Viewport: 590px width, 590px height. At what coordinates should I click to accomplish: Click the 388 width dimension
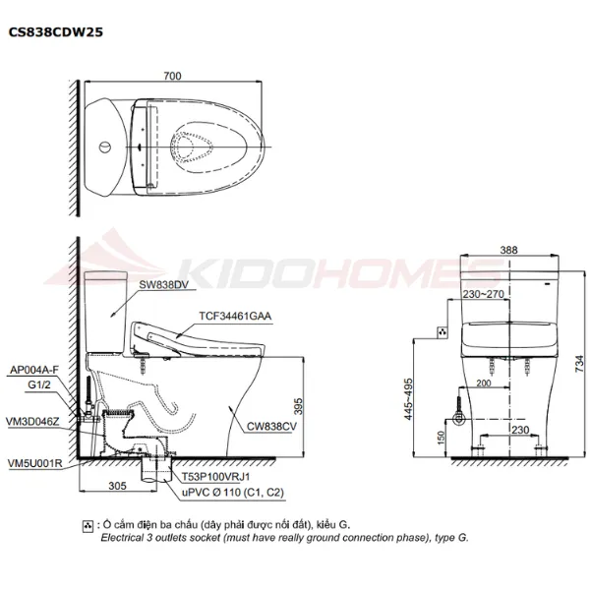click(x=508, y=252)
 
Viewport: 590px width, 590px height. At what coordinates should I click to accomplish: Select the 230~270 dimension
click(x=483, y=292)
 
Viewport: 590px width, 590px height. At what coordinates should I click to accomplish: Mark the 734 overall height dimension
click(x=579, y=362)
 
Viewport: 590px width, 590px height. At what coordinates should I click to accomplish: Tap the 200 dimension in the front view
click(x=484, y=383)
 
